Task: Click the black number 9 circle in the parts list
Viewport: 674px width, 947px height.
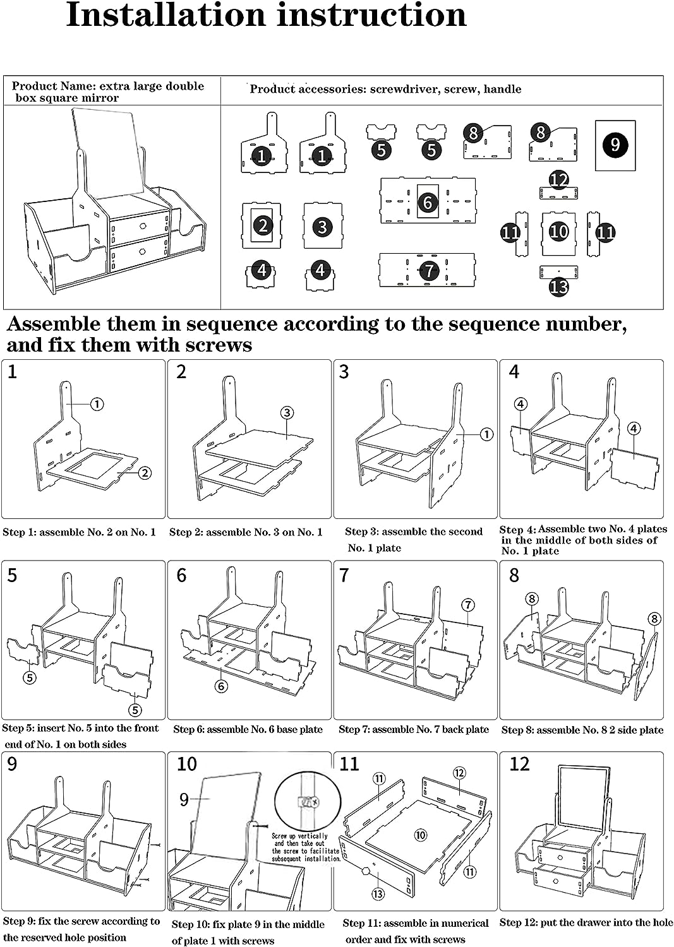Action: click(615, 146)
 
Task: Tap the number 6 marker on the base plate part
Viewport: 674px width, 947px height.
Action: click(428, 202)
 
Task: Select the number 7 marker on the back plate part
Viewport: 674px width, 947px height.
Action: click(429, 270)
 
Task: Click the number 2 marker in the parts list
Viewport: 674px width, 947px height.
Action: click(262, 225)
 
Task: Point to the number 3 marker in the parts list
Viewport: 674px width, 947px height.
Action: click(322, 226)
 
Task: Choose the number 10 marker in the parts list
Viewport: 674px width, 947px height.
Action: click(558, 232)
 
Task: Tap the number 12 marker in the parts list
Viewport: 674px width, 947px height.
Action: click(558, 181)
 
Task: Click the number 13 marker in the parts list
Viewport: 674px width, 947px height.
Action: click(559, 287)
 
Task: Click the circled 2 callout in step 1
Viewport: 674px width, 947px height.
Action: click(145, 473)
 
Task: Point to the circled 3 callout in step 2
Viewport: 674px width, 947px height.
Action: click(287, 413)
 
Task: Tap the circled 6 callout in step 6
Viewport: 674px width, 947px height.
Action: click(220, 686)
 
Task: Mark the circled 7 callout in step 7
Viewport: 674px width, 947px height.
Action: click(467, 605)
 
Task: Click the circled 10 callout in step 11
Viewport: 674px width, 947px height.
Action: click(420, 835)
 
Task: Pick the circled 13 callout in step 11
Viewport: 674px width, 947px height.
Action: click(378, 893)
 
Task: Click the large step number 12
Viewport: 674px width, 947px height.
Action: click(519, 764)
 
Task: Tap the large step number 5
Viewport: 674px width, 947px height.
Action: click(12, 575)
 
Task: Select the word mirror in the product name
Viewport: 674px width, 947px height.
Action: click(102, 98)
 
